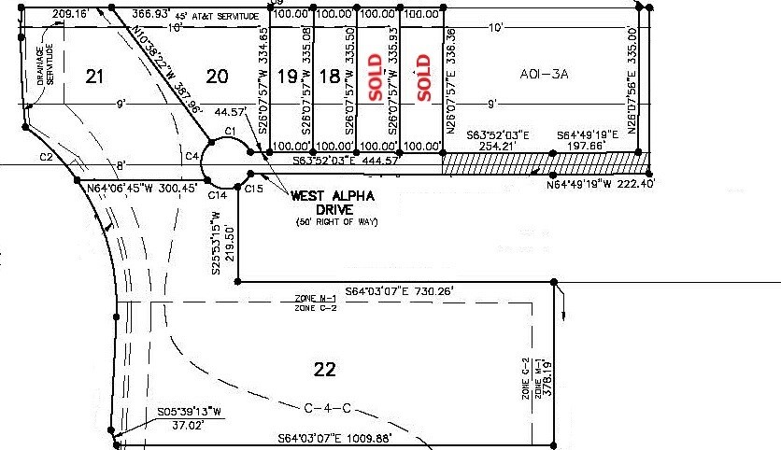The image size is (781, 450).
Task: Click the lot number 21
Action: (x=93, y=77)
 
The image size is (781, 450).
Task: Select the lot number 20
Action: (x=217, y=77)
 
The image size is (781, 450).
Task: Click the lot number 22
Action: (x=324, y=370)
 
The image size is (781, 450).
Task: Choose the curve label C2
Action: (x=46, y=157)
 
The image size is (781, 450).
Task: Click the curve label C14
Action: (x=217, y=194)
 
